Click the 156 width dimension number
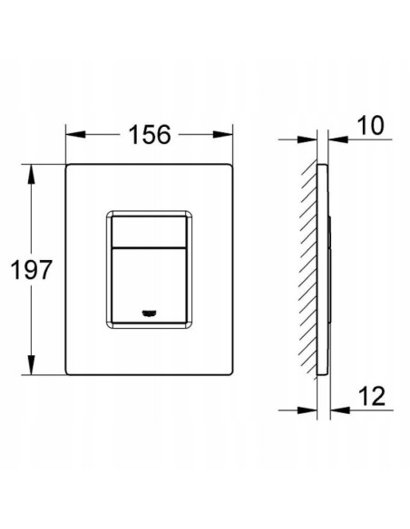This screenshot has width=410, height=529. point(150,135)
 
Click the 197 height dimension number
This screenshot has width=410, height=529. point(32,270)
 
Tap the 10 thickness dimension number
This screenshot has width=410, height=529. point(370,126)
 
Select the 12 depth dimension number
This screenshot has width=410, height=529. point(372,396)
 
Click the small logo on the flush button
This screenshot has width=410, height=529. point(148,313)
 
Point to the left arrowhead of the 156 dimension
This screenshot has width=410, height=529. point(75,134)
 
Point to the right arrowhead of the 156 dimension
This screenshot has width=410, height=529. point(223,134)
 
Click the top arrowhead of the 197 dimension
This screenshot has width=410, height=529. point(32,174)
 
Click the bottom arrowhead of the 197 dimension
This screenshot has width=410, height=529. point(32,365)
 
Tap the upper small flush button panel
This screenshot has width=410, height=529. point(149,232)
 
